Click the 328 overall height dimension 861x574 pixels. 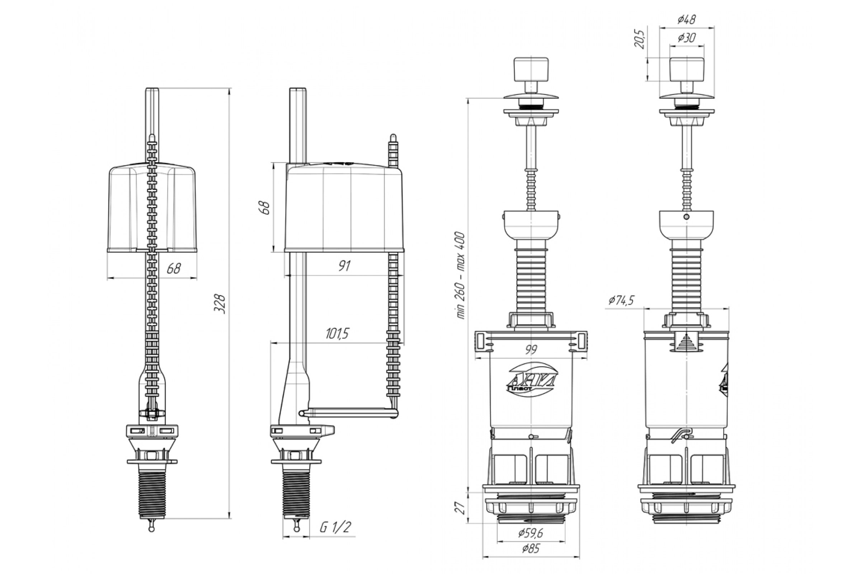[220, 304]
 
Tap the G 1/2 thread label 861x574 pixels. [335, 527]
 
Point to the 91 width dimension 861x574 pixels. [344, 266]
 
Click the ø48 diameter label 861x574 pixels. [686, 19]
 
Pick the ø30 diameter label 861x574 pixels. [686, 38]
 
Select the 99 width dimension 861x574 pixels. [531, 350]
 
